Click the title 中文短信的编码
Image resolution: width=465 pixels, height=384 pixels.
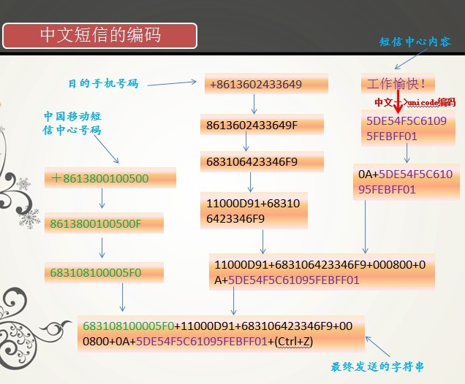[x=100, y=36]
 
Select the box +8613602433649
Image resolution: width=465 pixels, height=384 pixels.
[x=266, y=84]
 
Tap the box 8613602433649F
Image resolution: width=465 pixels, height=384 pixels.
[x=262, y=125]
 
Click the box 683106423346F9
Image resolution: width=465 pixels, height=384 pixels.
[x=262, y=161]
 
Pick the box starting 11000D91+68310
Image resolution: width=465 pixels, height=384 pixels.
[x=254, y=211]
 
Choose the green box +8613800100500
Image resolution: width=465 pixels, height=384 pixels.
[x=110, y=178]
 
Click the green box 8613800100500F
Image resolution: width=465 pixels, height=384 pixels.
[x=104, y=223]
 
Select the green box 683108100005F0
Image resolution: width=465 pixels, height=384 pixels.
[x=104, y=272]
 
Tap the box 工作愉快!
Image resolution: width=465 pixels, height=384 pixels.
[x=398, y=84]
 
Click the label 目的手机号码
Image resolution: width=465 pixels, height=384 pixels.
[x=103, y=83]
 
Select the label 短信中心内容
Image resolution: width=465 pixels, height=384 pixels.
[x=415, y=42]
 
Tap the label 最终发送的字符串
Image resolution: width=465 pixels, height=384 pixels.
[x=377, y=366]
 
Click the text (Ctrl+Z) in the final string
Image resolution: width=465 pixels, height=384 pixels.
[x=294, y=342]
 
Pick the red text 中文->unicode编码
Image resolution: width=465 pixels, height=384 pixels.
[x=415, y=102]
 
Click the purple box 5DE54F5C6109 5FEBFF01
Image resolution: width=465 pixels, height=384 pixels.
[x=408, y=128]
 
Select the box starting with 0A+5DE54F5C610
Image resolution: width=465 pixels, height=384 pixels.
[x=407, y=182]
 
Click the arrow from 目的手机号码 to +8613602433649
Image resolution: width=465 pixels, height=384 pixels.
[x=172, y=83]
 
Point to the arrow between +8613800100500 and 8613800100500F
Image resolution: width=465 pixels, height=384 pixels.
[x=102, y=199]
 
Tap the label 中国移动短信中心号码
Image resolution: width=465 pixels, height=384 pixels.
[x=72, y=123]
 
